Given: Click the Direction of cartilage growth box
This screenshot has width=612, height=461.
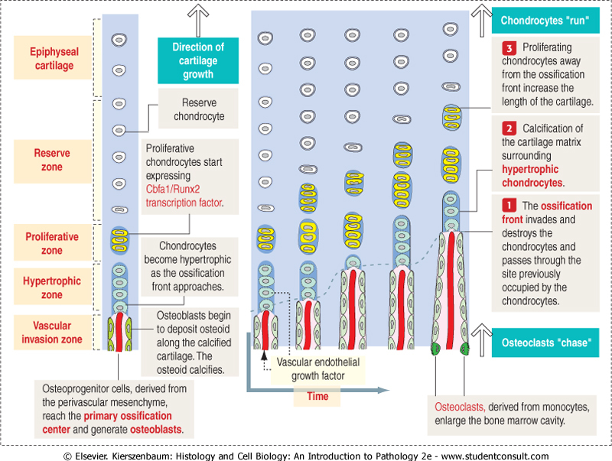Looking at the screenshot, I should tap(198, 61).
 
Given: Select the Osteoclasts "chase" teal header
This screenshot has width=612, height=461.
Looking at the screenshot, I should tap(545, 343).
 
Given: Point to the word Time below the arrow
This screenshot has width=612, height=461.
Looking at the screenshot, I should tap(317, 397).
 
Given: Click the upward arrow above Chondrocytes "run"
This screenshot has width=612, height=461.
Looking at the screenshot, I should tap(483, 15).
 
